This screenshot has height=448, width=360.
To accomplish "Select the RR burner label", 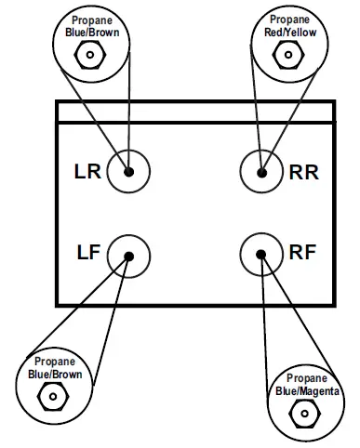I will pos(304,172).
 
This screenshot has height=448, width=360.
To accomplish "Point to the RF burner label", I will pos(303,252).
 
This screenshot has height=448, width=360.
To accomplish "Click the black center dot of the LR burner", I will pos(128,172).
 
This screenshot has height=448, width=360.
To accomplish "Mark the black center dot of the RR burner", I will pos(261,172).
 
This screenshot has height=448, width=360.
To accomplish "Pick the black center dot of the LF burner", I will pos(128,256).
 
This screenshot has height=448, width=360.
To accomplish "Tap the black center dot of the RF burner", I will pos(261,254).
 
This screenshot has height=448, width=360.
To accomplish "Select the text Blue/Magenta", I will pos(307,392).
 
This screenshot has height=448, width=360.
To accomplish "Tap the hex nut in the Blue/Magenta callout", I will pos(307,416).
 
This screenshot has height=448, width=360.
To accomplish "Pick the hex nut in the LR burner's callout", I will pos(90,56).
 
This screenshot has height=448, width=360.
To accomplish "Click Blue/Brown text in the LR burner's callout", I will pos(90,31).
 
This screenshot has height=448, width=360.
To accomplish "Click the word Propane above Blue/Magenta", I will pos(307,379).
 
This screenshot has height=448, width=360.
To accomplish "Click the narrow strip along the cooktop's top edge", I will pos(195,112).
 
